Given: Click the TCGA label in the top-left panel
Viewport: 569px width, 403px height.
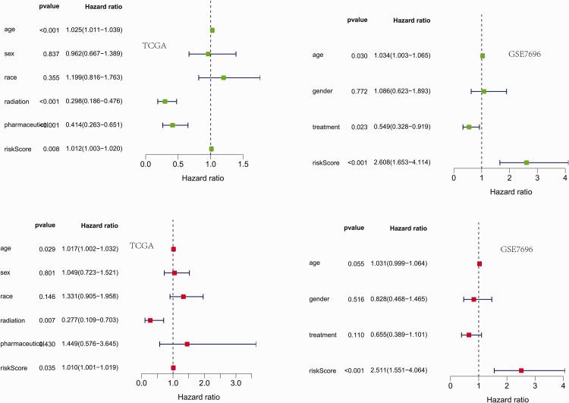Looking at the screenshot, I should pyautogui.click(x=155, y=46).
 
